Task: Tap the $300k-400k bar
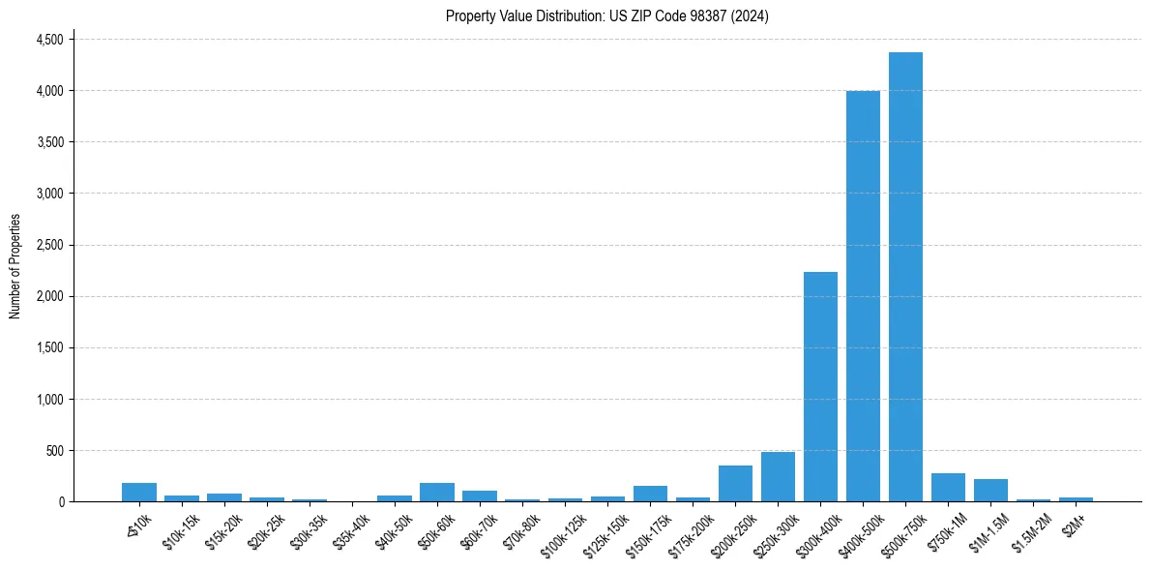[x=820, y=387]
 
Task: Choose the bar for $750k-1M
[x=948, y=488]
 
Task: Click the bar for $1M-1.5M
[x=990, y=491]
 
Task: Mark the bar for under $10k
[x=139, y=493]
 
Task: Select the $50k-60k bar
[x=437, y=493]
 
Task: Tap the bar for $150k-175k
[x=650, y=494]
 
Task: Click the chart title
[x=607, y=16]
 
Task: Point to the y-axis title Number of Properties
[x=15, y=266]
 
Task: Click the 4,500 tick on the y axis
[x=49, y=40]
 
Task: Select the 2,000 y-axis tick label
[x=49, y=296]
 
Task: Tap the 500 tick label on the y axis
[x=54, y=451]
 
